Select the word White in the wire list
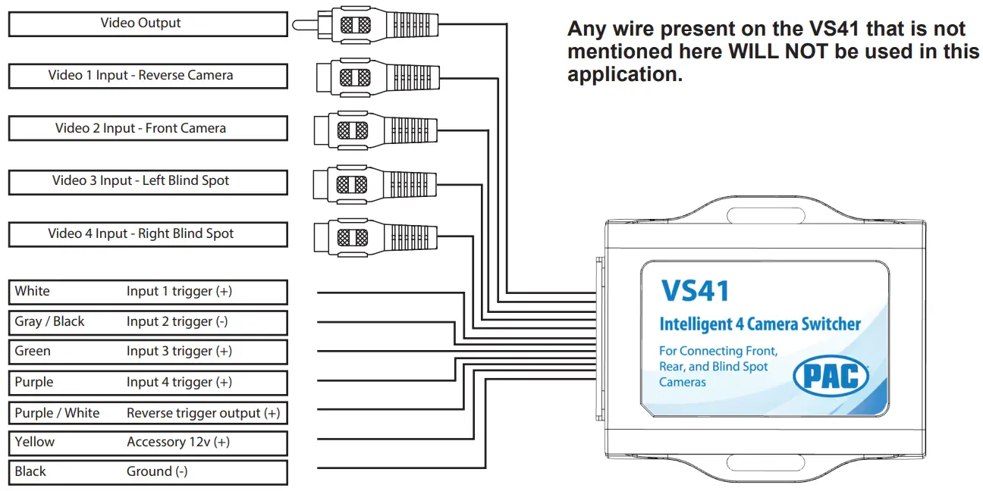tap(32, 292)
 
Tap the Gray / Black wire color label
tap(49, 322)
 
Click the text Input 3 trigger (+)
tap(179, 352)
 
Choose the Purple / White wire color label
tap(57, 414)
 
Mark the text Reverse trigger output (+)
tap(203, 414)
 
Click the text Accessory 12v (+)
tap(177, 443)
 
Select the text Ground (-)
tap(157, 472)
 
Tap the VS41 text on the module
tap(695, 292)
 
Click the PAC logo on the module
tap(830, 375)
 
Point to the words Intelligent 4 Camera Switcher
tap(759, 325)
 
